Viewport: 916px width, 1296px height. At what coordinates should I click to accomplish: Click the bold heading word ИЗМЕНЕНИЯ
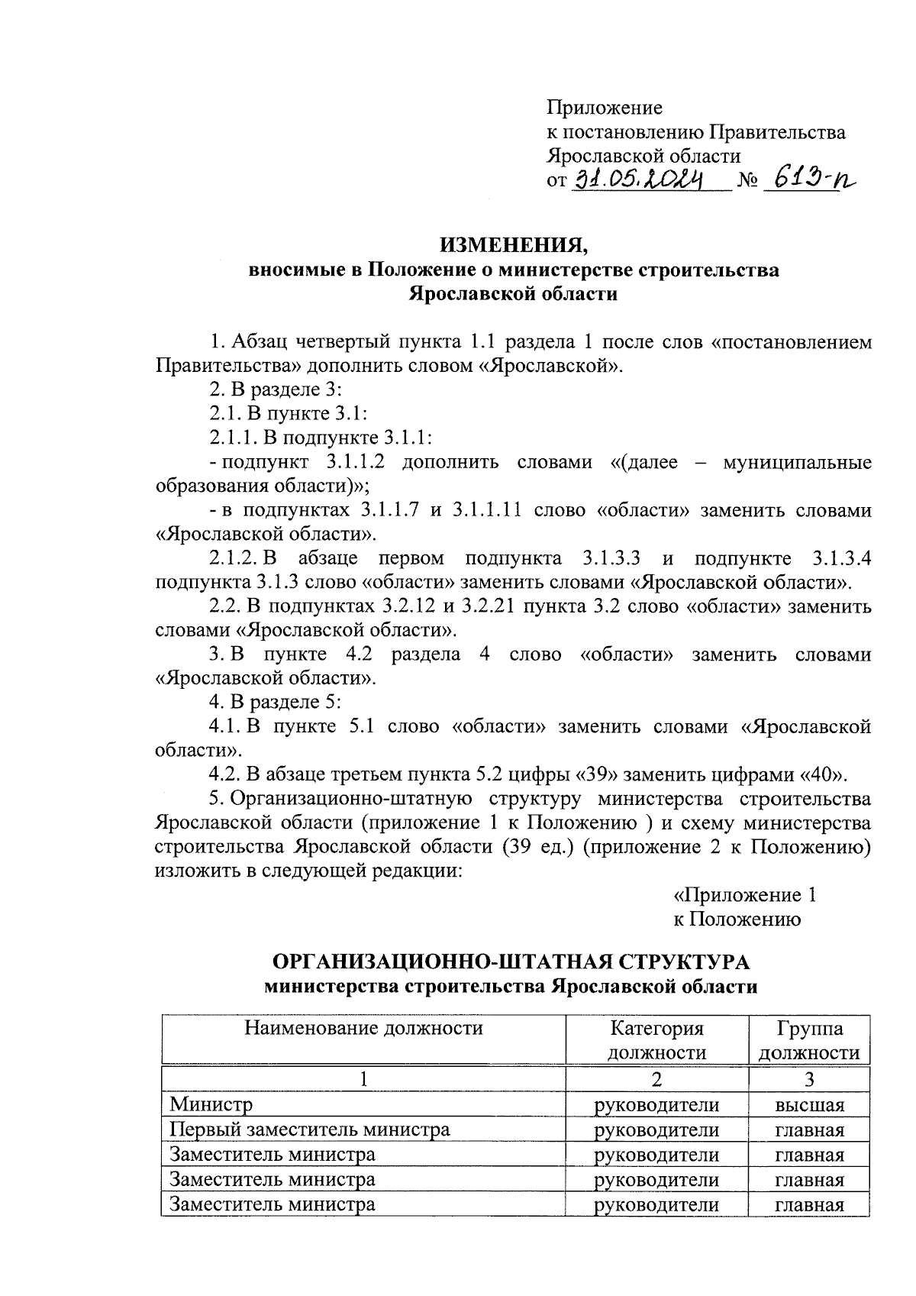513,246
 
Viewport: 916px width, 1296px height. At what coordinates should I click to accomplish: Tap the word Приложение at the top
605,108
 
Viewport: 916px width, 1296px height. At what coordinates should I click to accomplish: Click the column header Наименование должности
363,1027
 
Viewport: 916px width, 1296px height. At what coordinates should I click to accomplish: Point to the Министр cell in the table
211,1104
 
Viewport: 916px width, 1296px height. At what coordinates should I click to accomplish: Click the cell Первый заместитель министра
309,1129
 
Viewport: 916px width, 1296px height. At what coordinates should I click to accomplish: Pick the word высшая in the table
809,1104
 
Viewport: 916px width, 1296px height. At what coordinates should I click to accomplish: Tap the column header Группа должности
809,1039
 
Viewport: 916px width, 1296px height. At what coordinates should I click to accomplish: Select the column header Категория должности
656,1039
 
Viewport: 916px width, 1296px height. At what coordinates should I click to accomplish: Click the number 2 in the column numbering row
656,1079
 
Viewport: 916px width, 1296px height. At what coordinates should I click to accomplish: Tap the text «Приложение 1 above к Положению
745,895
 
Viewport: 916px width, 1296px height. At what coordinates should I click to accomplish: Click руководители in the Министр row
656,1104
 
